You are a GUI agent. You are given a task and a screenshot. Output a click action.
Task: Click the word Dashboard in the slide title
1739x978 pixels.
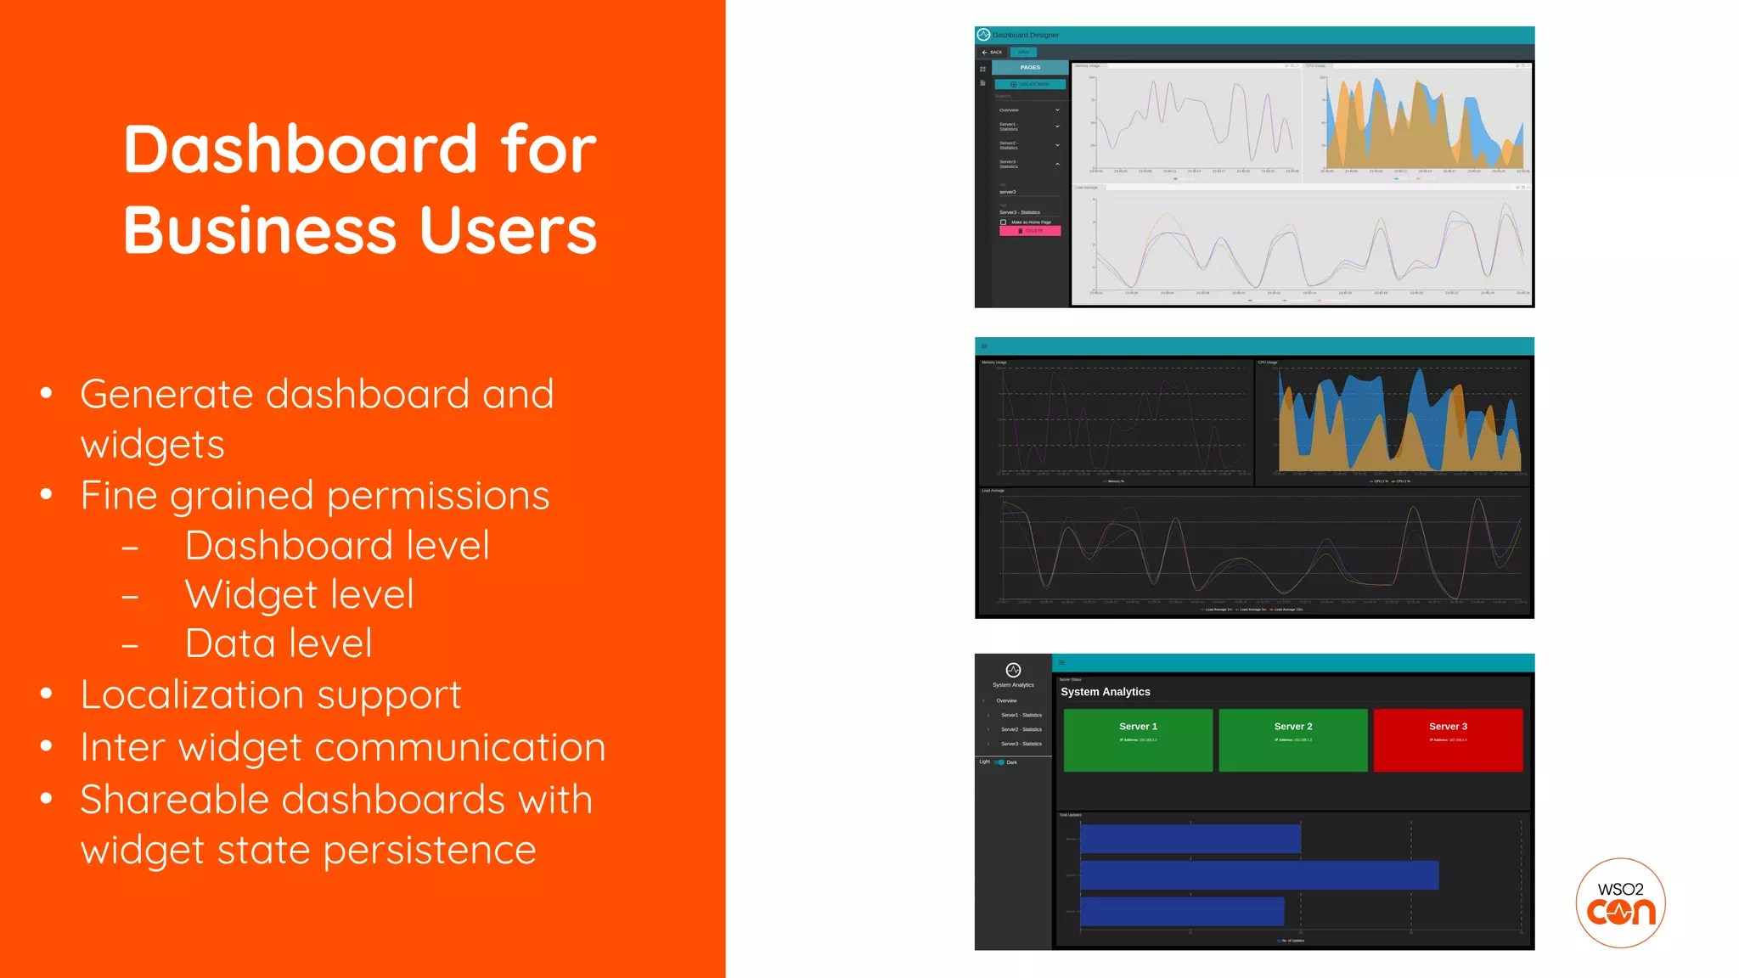tap(301, 150)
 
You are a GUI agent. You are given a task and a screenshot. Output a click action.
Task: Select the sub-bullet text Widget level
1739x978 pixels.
tap(299, 594)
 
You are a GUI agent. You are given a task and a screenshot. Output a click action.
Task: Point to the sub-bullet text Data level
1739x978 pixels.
tap(278, 644)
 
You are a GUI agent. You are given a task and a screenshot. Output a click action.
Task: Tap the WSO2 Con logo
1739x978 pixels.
tap(1620, 903)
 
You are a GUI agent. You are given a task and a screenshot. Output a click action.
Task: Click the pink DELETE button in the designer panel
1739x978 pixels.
tap(1030, 231)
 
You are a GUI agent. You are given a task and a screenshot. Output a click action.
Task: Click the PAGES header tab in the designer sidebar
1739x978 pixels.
tap(1030, 67)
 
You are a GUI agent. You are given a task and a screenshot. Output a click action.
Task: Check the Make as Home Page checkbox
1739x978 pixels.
tap(1004, 222)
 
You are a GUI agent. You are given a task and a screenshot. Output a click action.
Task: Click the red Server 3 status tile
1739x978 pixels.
tap(1448, 739)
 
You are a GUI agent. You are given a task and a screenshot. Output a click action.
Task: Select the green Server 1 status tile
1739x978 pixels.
tap(1138, 739)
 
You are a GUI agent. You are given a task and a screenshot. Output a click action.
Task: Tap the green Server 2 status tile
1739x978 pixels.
tap(1292, 739)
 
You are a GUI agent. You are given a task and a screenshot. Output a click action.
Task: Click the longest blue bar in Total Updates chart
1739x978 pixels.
tap(1258, 875)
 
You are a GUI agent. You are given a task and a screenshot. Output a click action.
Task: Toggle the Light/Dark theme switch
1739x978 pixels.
tap(999, 762)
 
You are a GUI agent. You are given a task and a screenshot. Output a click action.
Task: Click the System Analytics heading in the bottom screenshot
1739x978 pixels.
tap(1105, 692)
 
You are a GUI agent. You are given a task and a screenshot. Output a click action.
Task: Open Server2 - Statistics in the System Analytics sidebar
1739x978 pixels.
tap(1021, 729)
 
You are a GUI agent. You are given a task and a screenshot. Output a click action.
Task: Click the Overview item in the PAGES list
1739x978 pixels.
tap(1010, 110)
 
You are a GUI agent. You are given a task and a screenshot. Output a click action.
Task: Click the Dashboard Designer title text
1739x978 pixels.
tap(1026, 35)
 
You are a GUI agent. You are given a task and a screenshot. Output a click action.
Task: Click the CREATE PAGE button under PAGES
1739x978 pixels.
tap(1030, 84)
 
